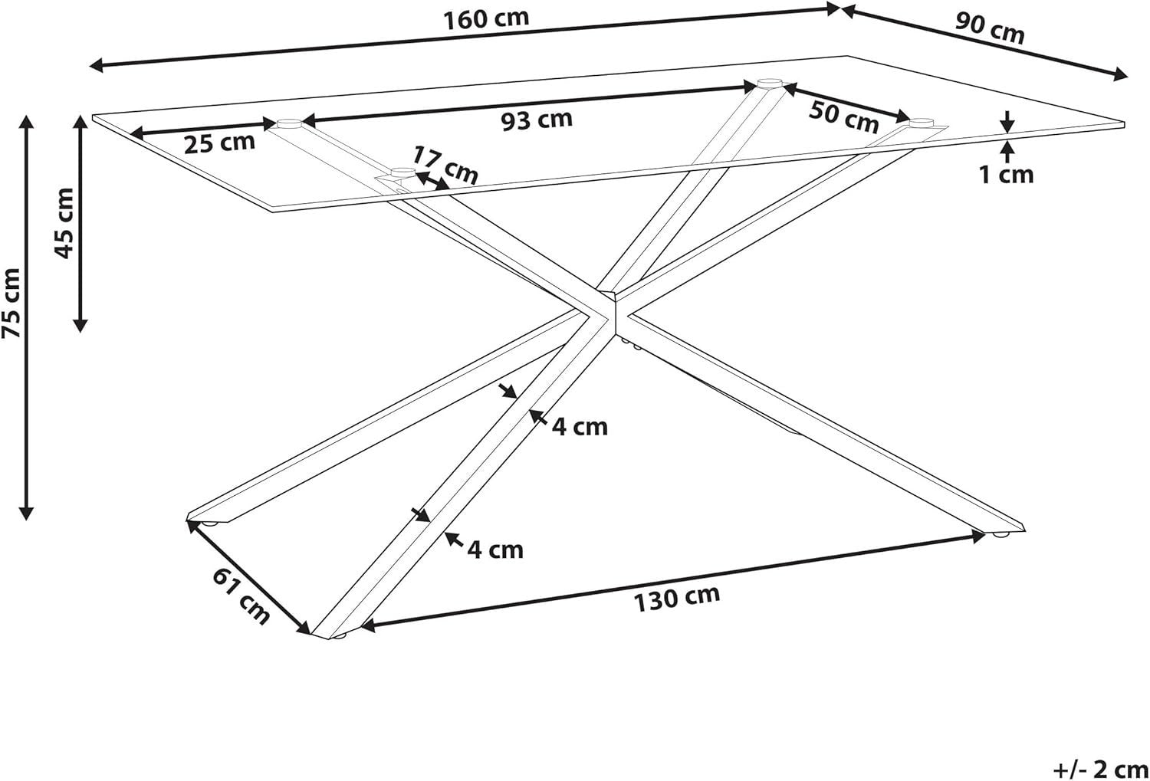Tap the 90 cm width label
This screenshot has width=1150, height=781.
pyautogui.click(x=989, y=28)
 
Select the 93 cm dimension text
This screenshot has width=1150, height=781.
pyautogui.click(x=537, y=120)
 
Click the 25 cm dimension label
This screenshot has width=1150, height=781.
pyautogui.click(x=219, y=143)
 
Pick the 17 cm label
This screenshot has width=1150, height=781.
pyautogui.click(x=445, y=166)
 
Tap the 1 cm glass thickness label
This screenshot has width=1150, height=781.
pyautogui.click(x=1006, y=175)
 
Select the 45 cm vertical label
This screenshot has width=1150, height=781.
pyautogui.click(x=65, y=223)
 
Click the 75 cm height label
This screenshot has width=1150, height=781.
pyautogui.click(x=11, y=303)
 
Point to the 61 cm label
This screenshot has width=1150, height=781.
pyautogui.click(x=241, y=597)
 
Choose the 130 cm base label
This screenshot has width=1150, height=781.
pyautogui.click(x=677, y=599)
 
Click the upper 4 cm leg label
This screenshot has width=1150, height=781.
pyautogui.click(x=580, y=427)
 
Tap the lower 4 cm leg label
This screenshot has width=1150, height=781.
pyautogui.click(x=495, y=550)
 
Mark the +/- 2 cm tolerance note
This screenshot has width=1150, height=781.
pyautogui.click(x=1100, y=770)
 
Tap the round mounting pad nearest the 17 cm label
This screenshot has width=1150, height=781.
pyautogui.click(x=403, y=172)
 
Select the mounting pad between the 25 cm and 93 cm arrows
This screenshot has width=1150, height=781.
pyautogui.click(x=290, y=123)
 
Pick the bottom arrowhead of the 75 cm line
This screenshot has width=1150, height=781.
pyautogui.click(x=25, y=514)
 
